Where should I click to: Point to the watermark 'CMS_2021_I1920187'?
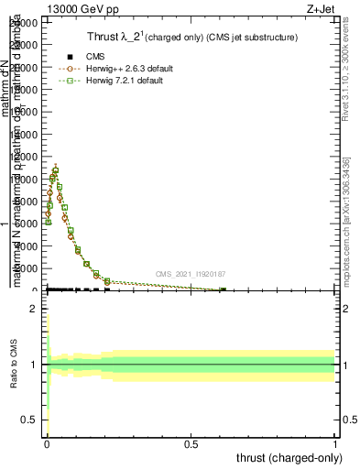pyautogui.click(x=190, y=274)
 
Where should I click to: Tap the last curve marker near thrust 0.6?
pyautogui.click(x=223, y=290)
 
